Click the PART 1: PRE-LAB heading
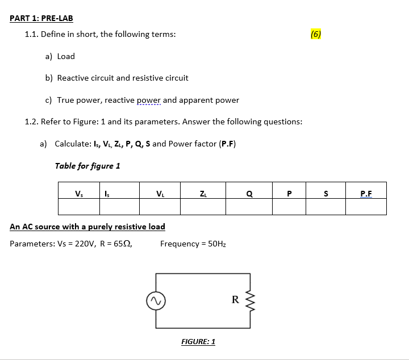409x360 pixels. [x=41, y=18]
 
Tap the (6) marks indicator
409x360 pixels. [x=316, y=34]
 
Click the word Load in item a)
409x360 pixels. [x=66, y=56]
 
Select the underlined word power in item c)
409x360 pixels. [x=149, y=100]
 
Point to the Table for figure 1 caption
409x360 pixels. [x=87, y=166]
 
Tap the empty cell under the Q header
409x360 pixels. [x=249, y=206]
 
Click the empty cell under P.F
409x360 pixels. [x=366, y=206]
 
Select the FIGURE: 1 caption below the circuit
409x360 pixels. [x=198, y=341]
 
